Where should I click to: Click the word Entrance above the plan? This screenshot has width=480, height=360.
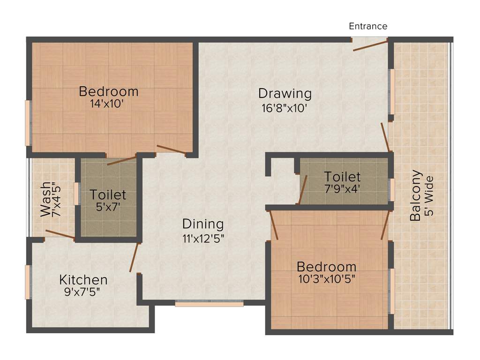[x=368, y=26]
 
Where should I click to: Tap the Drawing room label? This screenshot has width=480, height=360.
[x=285, y=93]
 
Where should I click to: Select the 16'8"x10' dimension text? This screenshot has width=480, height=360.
[x=285, y=108]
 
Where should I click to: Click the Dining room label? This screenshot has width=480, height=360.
[x=203, y=224]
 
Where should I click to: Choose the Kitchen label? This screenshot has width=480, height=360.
[x=83, y=280]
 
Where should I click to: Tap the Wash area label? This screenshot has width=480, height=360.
[x=45, y=199]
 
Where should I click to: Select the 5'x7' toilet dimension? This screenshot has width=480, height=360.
[x=108, y=206]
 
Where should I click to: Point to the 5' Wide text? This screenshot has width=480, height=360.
[x=429, y=195]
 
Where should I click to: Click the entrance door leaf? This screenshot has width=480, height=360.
[x=370, y=45]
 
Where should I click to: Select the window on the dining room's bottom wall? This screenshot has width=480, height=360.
[x=209, y=304]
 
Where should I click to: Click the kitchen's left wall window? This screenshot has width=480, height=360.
[x=28, y=282]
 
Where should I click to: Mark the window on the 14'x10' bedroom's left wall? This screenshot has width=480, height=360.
[x=28, y=123]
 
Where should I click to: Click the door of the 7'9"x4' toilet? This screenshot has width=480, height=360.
[x=302, y=190]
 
